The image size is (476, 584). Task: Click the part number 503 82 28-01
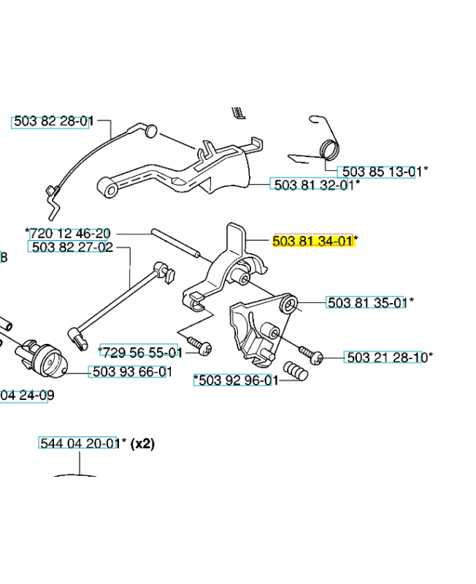coord(51,122)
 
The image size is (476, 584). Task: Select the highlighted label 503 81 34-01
coord(312,241)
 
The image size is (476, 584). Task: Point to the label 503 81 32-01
coord(312,185)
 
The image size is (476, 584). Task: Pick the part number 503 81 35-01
coord(366,302)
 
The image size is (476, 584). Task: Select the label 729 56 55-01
coord(139,352)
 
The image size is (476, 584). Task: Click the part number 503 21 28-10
coord(386,358)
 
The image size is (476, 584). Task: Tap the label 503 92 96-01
coord(236,380)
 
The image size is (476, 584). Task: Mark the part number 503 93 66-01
coord(131,372)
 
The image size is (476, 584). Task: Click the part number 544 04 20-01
coord(78,443)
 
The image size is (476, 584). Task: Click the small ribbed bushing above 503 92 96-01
coord(296,370)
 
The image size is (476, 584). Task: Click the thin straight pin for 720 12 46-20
coord(175,242)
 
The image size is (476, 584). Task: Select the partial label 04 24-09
coord(27,396)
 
